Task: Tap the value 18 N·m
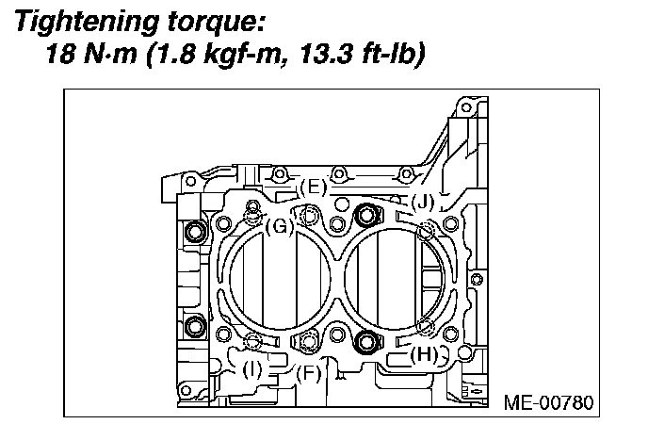[x=91, y=54]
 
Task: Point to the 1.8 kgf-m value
[x=219, y=55]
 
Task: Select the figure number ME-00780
[x=549, y=402]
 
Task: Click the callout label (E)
[x=314, y=188]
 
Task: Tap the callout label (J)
[x=423, y=203]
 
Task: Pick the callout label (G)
[x=280, y=226]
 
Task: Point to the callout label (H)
[x=424, y=354]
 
